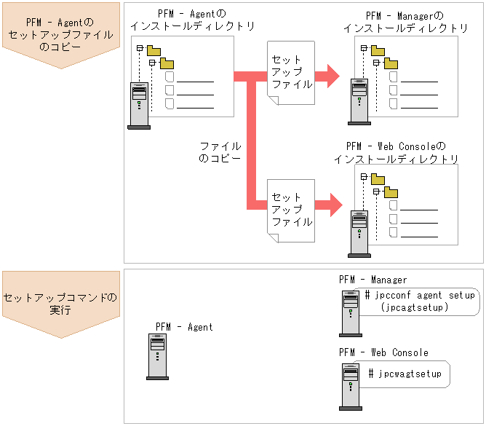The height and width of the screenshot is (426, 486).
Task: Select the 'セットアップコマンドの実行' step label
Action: (x=60, y=304)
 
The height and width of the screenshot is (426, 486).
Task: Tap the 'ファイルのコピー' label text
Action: (x=220, y=151)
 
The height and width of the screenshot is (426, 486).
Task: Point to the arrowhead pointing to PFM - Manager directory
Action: (x=332, y=74)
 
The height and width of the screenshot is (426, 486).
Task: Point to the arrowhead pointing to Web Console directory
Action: (x=332, y=205)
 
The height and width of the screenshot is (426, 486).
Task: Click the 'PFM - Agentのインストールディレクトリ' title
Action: (x=192, y=20)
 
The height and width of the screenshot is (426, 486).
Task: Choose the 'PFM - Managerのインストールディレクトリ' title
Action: (x=406, y=22)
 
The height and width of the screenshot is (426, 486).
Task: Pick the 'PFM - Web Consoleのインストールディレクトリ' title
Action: (x=396, y=152)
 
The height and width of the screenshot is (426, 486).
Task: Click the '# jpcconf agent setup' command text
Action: (x=420, y=296)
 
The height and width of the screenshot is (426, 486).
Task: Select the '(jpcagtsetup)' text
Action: (x=414, y=308)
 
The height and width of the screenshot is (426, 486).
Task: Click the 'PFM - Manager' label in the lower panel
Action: (x=373, y=280)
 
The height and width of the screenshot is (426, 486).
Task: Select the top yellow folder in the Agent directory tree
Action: (x=154, y=50)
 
